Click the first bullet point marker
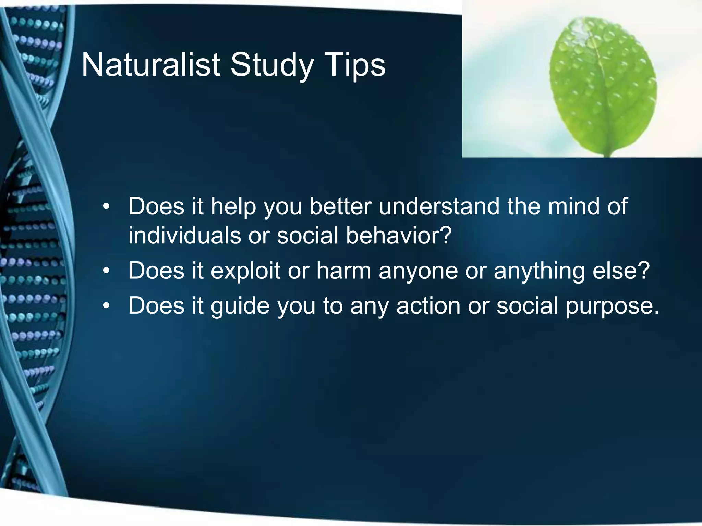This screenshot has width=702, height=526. click(107, 207)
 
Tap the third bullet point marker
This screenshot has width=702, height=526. click(107, 306)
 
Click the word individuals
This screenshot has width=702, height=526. click(185, 236)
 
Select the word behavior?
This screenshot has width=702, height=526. click(399, 236)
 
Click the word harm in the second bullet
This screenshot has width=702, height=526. click(344, 271)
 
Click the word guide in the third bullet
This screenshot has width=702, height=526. click(240, 306)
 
